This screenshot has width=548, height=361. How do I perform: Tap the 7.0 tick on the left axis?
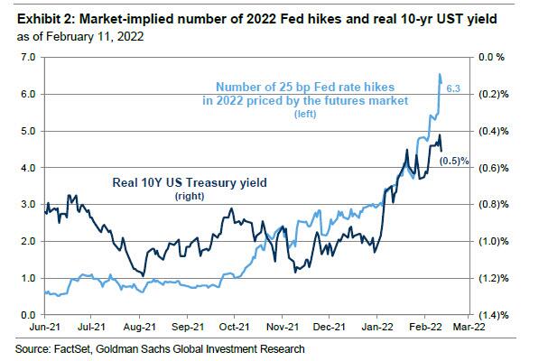[x=27, y=57]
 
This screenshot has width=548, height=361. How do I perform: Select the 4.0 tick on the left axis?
[x=27, y=168]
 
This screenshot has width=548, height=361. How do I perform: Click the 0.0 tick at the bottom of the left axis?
[x=27, y=314]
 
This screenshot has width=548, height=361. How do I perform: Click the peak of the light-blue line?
[x=439, y=75]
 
